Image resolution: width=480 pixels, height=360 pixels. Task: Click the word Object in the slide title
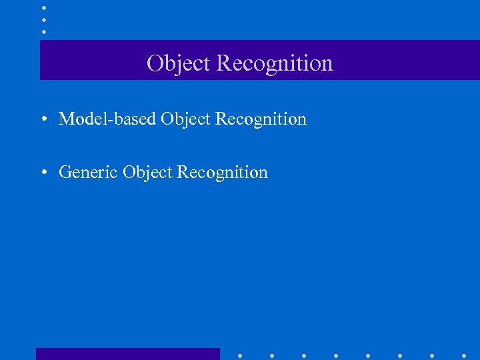point(179,63)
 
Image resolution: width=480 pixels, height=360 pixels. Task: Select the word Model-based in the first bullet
point(107,119)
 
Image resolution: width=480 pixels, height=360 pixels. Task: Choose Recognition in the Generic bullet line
point(222,173)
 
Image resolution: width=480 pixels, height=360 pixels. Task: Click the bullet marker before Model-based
point(43,120)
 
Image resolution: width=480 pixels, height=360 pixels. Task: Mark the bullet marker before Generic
point(43,173)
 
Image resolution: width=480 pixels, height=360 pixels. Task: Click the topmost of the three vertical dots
point(43,8)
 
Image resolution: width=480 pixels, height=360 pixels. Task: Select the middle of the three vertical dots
point(43,20)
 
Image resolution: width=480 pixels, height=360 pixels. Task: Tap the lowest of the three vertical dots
point(43,32)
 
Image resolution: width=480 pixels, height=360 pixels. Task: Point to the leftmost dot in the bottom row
point(240,355)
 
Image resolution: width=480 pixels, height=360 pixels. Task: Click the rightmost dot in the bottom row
point(464,355)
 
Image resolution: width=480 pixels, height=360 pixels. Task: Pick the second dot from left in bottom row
point(272,355)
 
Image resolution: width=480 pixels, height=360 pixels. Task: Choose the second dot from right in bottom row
point(432,355)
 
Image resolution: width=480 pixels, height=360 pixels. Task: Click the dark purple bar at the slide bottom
point(127,354)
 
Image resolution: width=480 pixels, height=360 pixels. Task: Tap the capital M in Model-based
point(67,119)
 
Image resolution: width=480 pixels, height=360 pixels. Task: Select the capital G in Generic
point(65,173)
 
